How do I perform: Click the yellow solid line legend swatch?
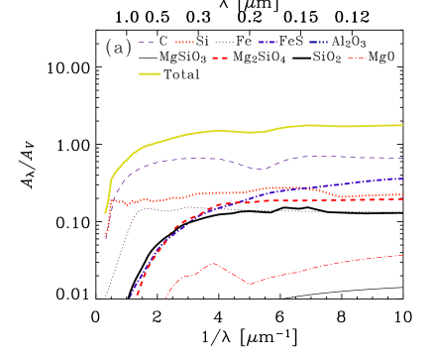click(x=149, y=73)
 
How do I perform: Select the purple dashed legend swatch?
click(x=148, y=43)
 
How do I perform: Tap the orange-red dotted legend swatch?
click(x=184, y=43)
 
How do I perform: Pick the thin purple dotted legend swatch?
click(x=225, y=43)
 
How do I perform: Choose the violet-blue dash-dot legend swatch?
click(x=268, y=43)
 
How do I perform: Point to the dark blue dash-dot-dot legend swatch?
click(x=318, y=43)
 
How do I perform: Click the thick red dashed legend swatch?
click(x=220, y=59)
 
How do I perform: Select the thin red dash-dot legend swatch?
click(x=357, y=59)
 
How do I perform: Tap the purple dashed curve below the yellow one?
click(x=198, y=158)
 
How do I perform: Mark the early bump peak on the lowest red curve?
click(x=213, y=263)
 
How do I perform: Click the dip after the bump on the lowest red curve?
click(x=250, y=284)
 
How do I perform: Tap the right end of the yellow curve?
click(x=402, y=125)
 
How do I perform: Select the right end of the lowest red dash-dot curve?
click(x=402, y=255)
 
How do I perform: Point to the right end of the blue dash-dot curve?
click(x=402, y=179)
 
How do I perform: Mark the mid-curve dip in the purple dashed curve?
click(x=263, y=169)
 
